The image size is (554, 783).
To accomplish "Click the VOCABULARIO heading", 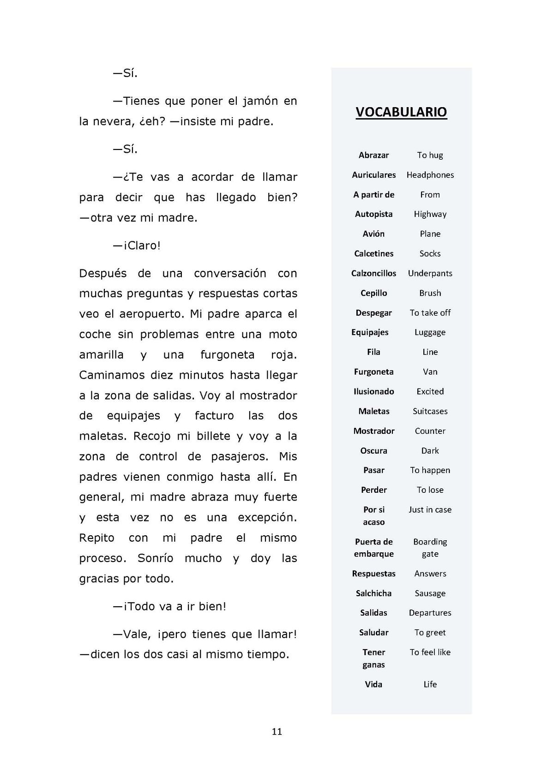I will [401, 112].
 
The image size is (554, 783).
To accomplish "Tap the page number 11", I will [277, 732].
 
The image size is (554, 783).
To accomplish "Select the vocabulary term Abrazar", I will [373, 155].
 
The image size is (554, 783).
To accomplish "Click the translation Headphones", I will [430, 175].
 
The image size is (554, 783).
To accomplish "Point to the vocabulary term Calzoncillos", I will [373, 273].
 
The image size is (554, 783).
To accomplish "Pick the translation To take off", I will [430, 313].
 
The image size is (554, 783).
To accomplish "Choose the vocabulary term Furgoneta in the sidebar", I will [373, 372].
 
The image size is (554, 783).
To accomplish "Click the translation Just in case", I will [430, 510].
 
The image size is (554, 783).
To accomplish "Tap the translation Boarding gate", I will [430, 548].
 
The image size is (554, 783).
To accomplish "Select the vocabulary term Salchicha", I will [373, 593].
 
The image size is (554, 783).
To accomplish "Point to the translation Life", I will [430, 684].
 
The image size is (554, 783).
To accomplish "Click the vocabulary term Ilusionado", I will [373, 392].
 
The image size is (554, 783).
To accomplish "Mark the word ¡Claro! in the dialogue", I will [142, 245].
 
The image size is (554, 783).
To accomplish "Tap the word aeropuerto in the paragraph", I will [146, 314].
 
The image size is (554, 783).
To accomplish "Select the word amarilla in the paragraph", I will [101, 355].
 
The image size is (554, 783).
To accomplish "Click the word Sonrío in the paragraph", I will [155, 558].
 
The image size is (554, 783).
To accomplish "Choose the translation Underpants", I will [430, 273].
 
